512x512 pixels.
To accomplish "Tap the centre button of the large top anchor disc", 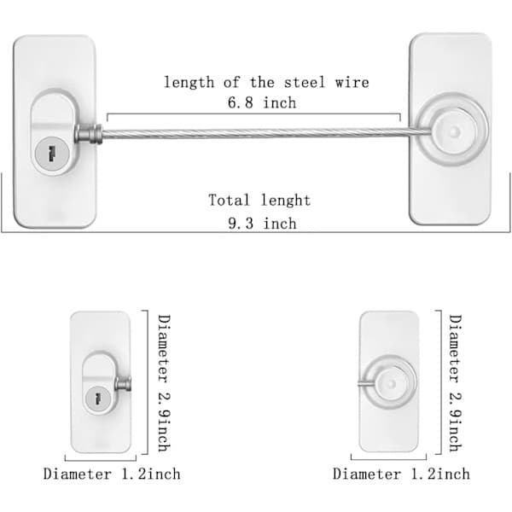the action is pos(453,132).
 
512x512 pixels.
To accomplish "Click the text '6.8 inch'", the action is pos(262,103).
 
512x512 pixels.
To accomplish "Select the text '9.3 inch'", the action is pos(262,224).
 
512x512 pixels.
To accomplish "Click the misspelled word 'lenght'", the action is pos(285,201).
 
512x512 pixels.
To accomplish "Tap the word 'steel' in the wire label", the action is pos(305,82).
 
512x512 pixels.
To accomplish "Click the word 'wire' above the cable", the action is pos(352,82).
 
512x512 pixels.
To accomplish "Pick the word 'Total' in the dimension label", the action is pos(229,200).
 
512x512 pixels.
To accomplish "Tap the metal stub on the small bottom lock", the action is pos(124,384).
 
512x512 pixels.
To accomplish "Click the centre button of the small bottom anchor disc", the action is pos(391,384).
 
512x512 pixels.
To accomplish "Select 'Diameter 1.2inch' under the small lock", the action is pos(112,474).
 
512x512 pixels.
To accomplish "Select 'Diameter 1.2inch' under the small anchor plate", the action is pos(401,474).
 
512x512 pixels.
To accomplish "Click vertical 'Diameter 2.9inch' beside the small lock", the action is pos(164,383).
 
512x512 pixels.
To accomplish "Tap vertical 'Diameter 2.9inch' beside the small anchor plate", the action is pos(455,383).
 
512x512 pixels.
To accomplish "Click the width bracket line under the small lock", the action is pos(101,461).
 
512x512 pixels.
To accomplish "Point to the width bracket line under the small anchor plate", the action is pos(388,459).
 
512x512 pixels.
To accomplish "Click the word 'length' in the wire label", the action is pos(189,83).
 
